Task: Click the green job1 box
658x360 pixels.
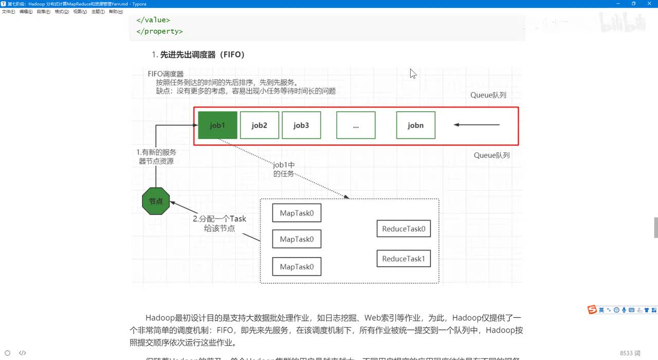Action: (x=217, y=125)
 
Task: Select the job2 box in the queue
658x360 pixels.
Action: (x=260, y=125)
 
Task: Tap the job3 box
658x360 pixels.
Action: (x=301, y=125)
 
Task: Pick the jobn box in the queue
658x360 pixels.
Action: (x=415, y=125)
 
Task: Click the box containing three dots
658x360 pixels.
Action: (x=356, y=125)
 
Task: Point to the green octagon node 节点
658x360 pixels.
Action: (x=156, y=201)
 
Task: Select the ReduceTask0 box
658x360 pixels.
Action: (x=404, y=229)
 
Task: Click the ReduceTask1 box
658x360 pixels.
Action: (x=404, y=259)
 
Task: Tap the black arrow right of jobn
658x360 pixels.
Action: (x=477, y=124)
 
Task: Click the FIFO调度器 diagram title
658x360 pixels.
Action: (x=166, y=74)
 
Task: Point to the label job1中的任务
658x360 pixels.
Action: (x=284, y=169)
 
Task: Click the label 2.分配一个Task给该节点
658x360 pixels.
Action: (x=220, y=223)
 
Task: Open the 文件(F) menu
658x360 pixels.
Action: (x=9, y=11)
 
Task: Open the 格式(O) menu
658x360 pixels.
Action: (x=62, y=11)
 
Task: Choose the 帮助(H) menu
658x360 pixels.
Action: (x=116, y=11)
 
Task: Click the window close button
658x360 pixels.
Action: (x=648, y=4)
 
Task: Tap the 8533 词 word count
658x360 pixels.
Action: (x=630, y=353)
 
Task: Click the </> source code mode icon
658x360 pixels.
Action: (x=23, y=353)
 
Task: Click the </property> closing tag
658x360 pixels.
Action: (x=159, y=31)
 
